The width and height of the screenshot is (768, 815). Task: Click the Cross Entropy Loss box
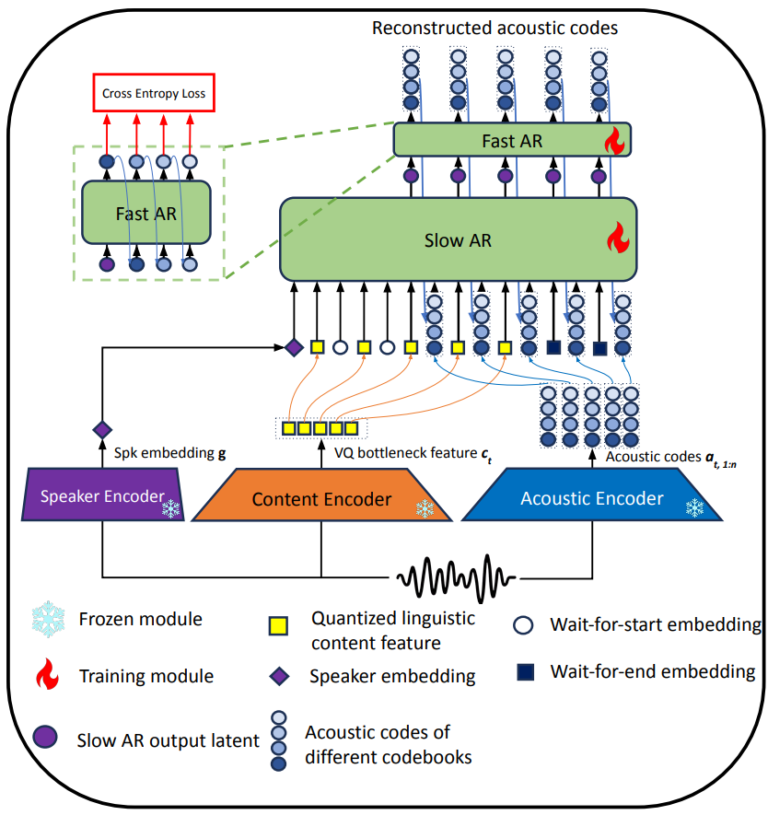[154, 94]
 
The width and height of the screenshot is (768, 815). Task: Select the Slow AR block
[457, 240]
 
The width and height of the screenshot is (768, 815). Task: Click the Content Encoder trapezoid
[321, 499]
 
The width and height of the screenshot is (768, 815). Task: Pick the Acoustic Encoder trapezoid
[591, 498]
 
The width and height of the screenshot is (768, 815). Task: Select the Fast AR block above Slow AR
[512, 141]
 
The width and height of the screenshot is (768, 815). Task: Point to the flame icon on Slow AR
[614, 241]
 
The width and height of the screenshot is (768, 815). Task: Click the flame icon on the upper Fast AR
[613, 141]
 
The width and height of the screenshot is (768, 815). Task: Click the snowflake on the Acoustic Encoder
[694, 507]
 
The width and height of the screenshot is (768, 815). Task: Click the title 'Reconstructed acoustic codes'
[495, 28]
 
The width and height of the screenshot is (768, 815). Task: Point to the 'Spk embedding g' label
[170, 454]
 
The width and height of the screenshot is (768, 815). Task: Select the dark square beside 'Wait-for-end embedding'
[524, 670]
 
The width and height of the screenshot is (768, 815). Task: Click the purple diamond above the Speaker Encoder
[101, 429]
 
